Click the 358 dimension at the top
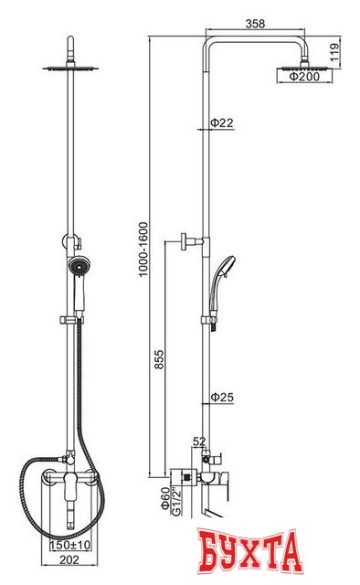[255, 24]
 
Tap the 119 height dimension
[334, 52]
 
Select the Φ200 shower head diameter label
[304, 77]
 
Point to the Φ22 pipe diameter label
[222, 122]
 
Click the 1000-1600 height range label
[143, 250]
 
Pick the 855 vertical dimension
[159, 359]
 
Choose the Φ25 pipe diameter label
[222, 397]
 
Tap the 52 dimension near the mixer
[199, 441]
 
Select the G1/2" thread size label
[175, 501]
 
